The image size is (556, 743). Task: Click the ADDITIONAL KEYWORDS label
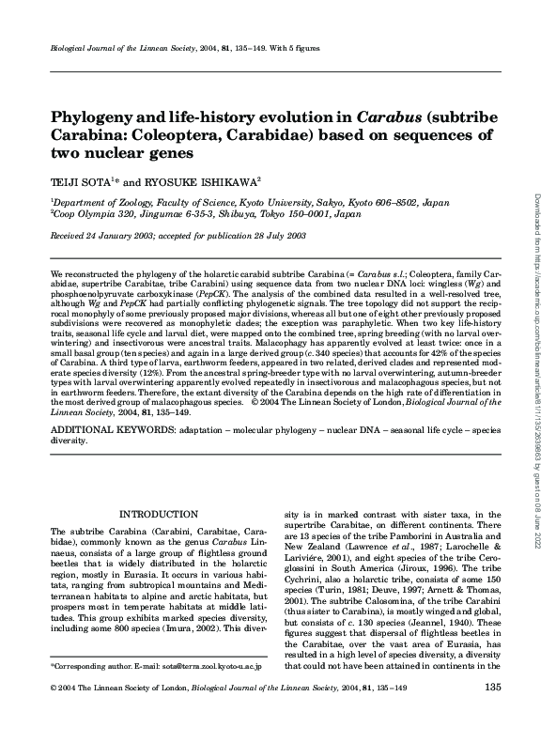[x=104, y=427]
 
